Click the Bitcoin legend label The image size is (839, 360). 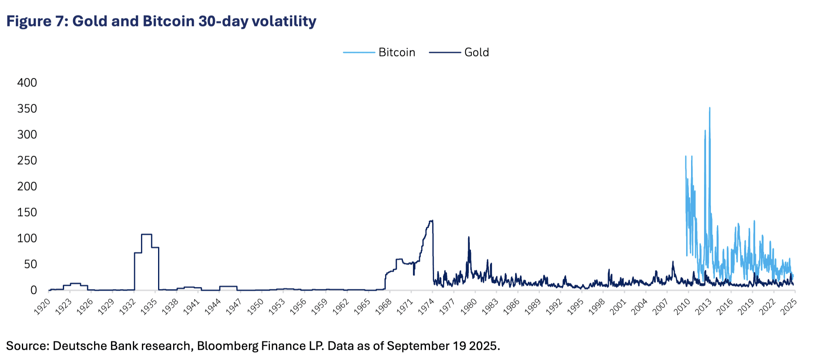[x=396, y=52]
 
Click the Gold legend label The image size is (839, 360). [x=476, y=52]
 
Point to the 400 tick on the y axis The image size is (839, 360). [x=27, y=83]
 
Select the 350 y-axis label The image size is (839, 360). [x=27, y=109]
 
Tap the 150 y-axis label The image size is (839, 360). [x=27, y=212]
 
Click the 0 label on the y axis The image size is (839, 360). [x=33, y=290]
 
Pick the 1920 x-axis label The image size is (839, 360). [x=42, y=307]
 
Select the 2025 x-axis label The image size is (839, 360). [x=788, y=307]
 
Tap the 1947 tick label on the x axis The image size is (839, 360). [x=233, y=307]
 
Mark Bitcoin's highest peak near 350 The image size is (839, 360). [x=709, y=108]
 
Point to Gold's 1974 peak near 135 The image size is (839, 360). [x=432, y=221]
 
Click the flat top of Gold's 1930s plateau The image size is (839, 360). [x=146, y=234]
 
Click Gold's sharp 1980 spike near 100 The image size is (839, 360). [x=469, y=238]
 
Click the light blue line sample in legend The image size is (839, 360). [x=359, y=52]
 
